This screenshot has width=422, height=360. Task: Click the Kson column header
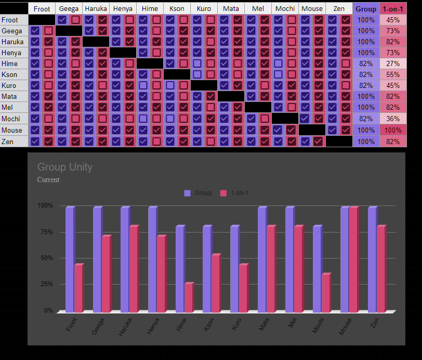(x=177, y=9)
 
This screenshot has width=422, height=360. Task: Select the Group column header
(x=366, y=9)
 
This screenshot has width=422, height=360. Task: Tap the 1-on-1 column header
(x=393, y=9)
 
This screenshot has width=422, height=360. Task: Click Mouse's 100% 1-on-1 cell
(x=393, y=130)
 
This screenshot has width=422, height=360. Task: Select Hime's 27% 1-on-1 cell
(x=393, y=63)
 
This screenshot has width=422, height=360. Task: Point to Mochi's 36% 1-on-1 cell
(x=393, y=119)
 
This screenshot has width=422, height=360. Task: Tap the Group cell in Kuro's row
(x=366, y=85)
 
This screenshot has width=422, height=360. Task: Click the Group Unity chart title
(x=65, y=167)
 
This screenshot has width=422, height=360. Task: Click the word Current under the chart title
(x=48, y=180)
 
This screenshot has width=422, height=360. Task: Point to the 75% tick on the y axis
(x=45, y=232)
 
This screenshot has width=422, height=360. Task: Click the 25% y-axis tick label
(x=45, y=285)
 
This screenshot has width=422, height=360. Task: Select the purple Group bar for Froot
(x=70, y=259)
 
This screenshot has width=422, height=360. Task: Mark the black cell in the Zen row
(x=339, y=140)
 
